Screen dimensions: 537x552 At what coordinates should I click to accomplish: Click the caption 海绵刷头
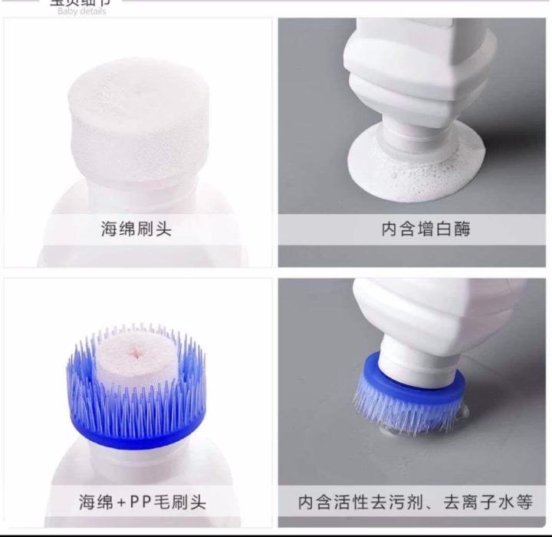(x=136, y=229)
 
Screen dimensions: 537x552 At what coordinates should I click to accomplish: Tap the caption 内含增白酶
(x=415, y=229)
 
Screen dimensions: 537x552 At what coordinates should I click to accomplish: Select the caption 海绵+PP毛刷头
(x=143, y=503)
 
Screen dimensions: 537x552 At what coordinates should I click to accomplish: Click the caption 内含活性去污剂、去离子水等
(x=415, y=503)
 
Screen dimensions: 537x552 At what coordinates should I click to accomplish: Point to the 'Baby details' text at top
(x=82, y=12)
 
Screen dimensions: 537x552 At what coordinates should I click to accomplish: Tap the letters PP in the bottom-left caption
(x=143, y=503)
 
